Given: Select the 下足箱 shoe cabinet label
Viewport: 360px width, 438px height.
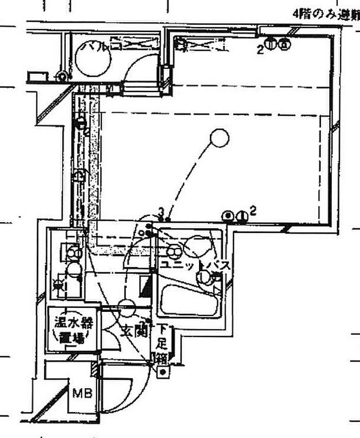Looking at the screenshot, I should pyautogui.click(x=163, y=342).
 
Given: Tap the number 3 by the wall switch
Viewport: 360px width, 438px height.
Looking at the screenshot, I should pyautogui.click(x=161, y=211).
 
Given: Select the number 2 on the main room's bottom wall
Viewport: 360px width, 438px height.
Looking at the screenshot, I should pyautogui.click(x=253, y=210).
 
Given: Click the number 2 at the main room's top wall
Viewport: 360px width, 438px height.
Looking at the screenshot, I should pyautogui.click(x=261, y=49).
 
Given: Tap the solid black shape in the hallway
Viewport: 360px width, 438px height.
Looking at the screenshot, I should pyautogui.click(x=146, y=285).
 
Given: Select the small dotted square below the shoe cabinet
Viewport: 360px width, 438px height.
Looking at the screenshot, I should pyautogui.click(x=163, y=371).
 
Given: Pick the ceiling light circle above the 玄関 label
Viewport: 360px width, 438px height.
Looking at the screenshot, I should pyautogui.click(x=127, y=309).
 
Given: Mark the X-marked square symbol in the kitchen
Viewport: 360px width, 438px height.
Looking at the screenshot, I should pyautogui.click(x=61, y=283).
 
